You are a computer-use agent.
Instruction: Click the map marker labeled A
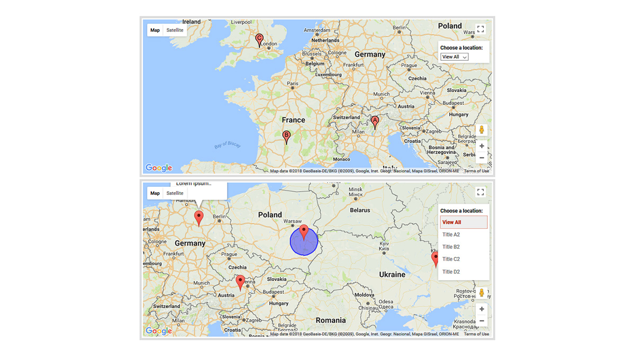[x=375, y=122]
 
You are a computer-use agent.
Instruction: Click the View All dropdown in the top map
[x=455, y=57]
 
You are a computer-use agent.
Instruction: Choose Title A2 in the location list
[x=451, y=235]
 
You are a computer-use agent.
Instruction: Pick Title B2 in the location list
[x=451, y=247]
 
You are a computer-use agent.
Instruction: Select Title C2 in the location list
[x=451, y=259]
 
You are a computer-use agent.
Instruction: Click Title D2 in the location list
[x=451, y=272]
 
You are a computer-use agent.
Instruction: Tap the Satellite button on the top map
[x=175, y=30]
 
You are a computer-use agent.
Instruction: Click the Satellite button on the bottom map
[x=175, y=193]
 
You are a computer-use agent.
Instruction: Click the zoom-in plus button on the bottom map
[x=482, y=309]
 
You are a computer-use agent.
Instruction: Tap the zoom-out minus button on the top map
[x=482, y=158]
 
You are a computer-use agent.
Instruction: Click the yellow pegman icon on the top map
[x=482, y=130]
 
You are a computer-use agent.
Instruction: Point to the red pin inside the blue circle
[x=304, y=232]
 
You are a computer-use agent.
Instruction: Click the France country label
[x=293, y=120]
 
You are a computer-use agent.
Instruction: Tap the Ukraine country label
[x=392, y=275]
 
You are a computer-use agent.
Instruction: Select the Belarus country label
[x=360, y=210]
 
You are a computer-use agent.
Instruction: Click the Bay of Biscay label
[x=228, y=145]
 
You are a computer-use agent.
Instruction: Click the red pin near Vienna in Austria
[x=240, y=282]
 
